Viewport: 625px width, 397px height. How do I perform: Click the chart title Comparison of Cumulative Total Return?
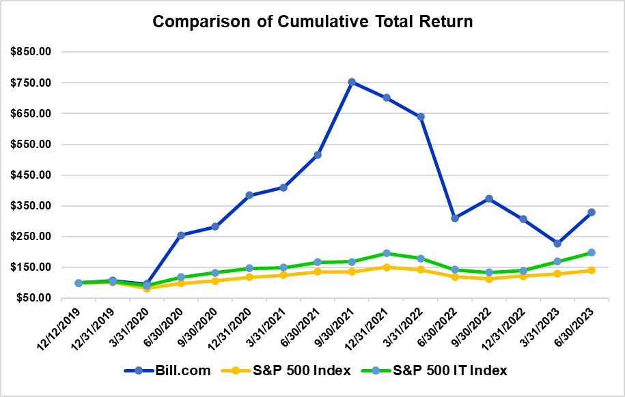click(x=312, y=21)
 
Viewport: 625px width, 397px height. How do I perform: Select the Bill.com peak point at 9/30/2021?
click(x=352, y=82)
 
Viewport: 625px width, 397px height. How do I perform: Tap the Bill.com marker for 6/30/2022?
click(x=454, y=218)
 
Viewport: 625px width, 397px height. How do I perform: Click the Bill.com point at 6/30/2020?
click(x=181, y=235)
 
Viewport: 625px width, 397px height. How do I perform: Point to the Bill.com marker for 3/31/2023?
click(x=557, y=244)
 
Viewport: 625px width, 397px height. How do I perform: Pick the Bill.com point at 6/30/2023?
click(x=592, y=212)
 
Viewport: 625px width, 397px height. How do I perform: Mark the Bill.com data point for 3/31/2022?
click(x=420, y=117)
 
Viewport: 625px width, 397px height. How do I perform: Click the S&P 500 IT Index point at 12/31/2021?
click(x=386, y=253)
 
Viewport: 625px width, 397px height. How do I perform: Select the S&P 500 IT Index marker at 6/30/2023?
click(x=592, y=252)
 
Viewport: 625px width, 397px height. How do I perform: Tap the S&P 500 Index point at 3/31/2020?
click(x=147, y=288)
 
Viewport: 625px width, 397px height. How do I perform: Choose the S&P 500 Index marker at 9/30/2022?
click(x=489, y=278)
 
